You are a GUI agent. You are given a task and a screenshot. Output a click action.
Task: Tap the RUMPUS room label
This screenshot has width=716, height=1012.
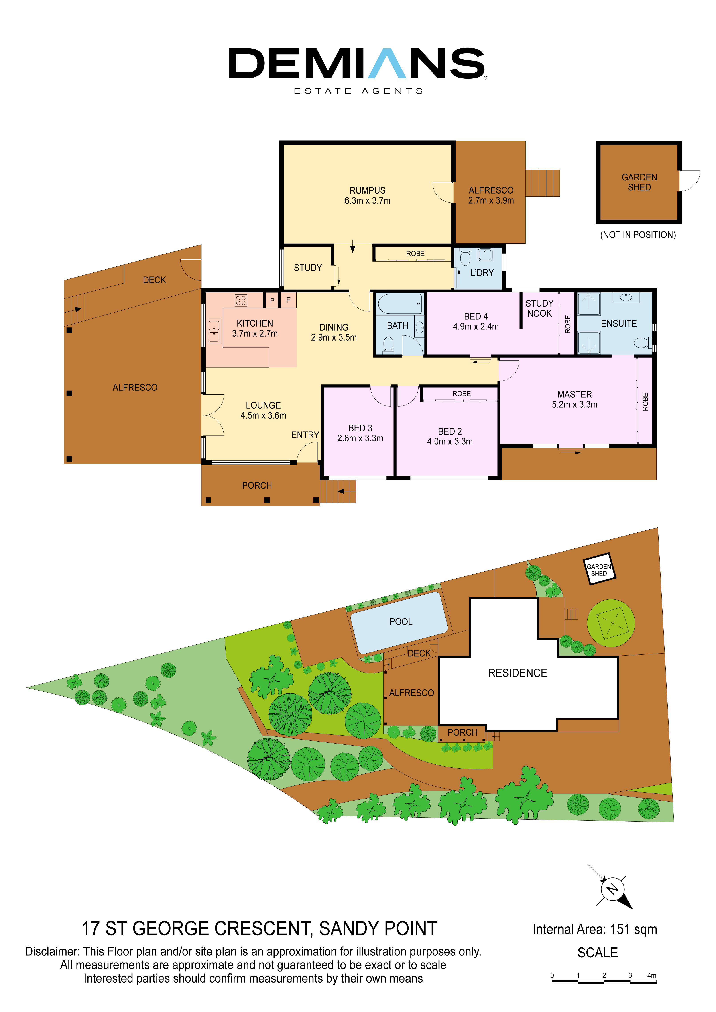coord(367,190)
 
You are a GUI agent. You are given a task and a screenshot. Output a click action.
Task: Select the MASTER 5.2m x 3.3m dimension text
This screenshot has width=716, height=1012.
coord(574,405)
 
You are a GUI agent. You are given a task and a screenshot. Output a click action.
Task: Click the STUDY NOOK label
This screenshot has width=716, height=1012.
coord(539,308)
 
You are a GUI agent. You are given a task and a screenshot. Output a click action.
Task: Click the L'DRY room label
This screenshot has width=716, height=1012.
coord(482,273)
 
